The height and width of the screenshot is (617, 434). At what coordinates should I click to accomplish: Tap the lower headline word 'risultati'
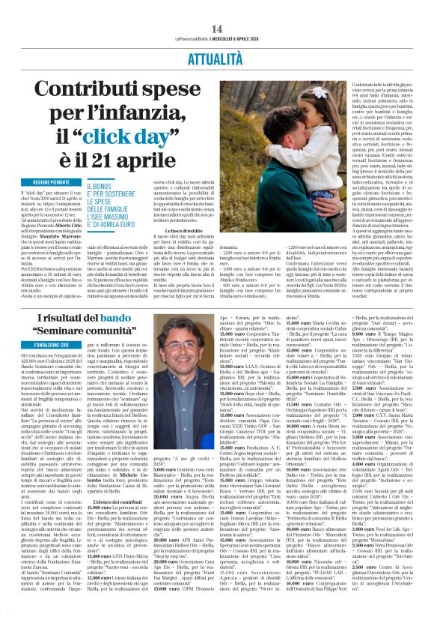(x=72, y=319)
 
